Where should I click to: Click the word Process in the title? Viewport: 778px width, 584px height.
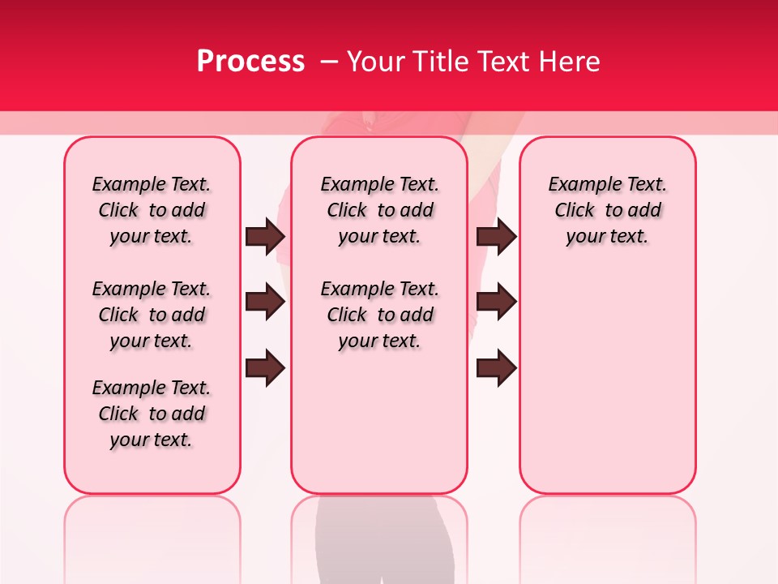(250, 62)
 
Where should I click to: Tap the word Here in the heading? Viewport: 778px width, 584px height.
(569, 62)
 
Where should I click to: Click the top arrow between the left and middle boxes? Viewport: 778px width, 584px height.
(265, 236)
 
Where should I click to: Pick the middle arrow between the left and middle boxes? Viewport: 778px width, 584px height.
(265, 303)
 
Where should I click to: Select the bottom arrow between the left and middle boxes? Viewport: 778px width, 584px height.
(265, 367)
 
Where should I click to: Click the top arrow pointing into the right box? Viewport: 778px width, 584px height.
(497, 236)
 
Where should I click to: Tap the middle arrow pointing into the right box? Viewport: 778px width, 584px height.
(497, 303)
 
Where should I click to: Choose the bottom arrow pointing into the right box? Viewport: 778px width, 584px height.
(497, 367)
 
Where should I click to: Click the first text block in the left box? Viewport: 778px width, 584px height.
(152, 210)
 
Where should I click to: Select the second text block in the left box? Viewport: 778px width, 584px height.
(152, 315)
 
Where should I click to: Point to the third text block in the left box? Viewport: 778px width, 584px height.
(152, 414)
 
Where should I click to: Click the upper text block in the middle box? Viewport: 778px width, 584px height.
(379, 210)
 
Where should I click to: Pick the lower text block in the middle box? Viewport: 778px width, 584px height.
(379, 315)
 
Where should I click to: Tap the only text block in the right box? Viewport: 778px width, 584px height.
(608, 210)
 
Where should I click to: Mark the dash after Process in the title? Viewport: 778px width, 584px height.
(329, 62)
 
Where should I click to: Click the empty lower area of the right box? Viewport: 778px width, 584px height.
(608, 381)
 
